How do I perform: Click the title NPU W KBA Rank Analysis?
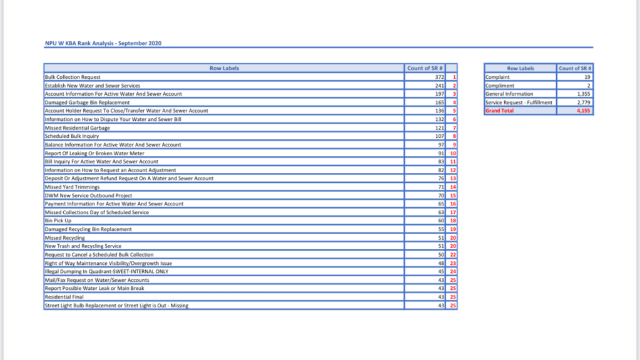(x=103, y=43)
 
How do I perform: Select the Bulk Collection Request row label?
(x=73, y=77)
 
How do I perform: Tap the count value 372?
(x=439, y=77)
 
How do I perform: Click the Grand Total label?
(x=499, y=111)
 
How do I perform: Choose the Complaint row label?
(x=497, y=77)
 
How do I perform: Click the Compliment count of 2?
(x=589, y=86)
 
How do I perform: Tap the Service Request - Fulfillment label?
(x=519, y=103)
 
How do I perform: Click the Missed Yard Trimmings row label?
(x=72, y=187)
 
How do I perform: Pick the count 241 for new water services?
(x=439, y=86)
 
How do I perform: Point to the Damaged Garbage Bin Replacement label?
(x=87, y=103)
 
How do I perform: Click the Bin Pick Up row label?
(x=58, y=221)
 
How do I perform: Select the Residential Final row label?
(x=64, y=297)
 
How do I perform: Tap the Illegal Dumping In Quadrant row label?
(x=106, y=272)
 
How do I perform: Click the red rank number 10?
(x=453, y=153)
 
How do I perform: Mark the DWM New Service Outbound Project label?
(x=88, y=195)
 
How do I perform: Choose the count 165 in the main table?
(x=439, y=103)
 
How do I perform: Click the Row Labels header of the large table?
(x=224, y=68)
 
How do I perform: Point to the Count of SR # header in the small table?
(x=575, y=68)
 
